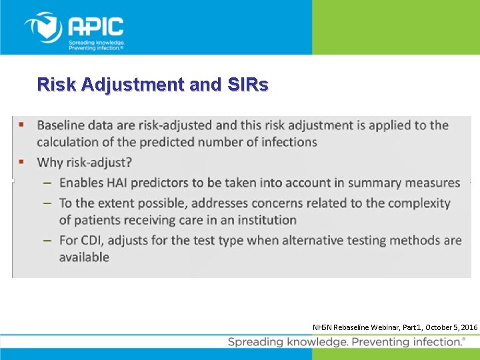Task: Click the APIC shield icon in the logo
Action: (x=45, y=29)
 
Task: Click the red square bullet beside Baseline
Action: (x=22, y=125)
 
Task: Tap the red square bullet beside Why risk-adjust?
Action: (x=22, y=161)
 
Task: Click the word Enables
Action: (x=83, y=183)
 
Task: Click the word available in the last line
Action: (x=84, y=257)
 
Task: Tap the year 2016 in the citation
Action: (x=468, y=327)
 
